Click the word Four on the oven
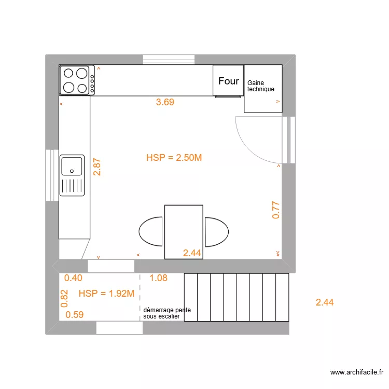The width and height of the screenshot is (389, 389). (x=228, y=81)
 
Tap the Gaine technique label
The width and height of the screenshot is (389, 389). (x=261, y=86)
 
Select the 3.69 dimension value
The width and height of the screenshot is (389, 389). (x=165, y=102)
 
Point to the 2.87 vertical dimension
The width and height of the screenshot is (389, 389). (x=96, y=167)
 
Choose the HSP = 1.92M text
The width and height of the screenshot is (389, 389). (x=106, y=294)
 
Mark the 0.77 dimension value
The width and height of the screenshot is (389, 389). (x=276, y=210)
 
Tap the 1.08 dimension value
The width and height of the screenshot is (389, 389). (x=158, y=278)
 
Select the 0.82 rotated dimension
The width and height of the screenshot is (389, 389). (x=64, y=298)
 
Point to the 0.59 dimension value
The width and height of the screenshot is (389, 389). (x=75, y=314)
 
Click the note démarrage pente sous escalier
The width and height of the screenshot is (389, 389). (x=167, y=312)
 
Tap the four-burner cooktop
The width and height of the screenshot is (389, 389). (x=77, y=80)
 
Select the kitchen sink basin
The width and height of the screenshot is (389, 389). (x=72, y=166)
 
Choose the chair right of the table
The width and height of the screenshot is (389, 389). (x=216, y=231)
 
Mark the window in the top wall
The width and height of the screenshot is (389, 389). (x=169, y=59)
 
